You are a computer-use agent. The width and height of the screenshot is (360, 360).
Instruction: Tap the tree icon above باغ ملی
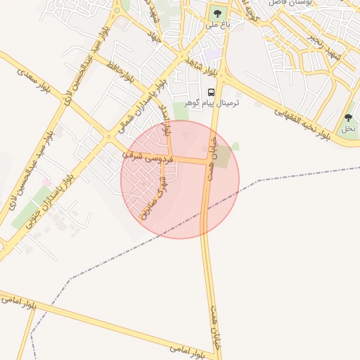pyautogui.click(x=217, y=12)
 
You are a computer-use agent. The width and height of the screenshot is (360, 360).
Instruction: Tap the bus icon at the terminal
pyautogui.click(x=211, y=92)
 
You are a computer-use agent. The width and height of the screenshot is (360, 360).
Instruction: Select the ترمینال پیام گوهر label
pyautogui.click(x=211, y=103)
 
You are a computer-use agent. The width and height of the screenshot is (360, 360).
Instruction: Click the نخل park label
pyautogui.click(x=348, y=129)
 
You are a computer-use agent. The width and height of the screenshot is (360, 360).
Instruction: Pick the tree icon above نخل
pyautogui.click(x=348, y=117)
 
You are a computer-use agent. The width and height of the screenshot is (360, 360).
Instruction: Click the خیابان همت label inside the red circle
pyautogui.click(x=212, y=159)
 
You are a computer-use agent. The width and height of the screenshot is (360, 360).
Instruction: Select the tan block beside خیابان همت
pyautogui.click(x=222, y=158)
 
